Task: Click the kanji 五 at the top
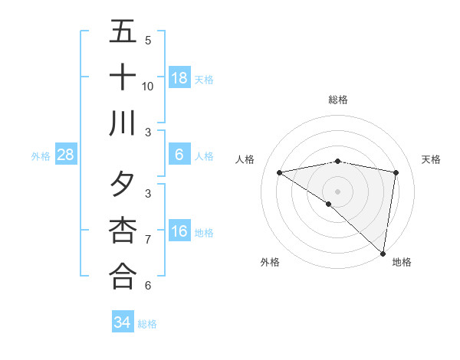point(123,31)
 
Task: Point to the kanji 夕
point(123,184)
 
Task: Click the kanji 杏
point(123,230)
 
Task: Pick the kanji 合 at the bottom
point(123,276)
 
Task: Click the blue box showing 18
point(179,77)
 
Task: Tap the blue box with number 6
point(179,155)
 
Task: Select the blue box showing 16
point(179,231)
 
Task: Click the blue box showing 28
point(66,155)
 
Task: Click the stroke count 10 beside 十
point(148,86)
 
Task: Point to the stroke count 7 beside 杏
point(148,239)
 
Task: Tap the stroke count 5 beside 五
point(148,40)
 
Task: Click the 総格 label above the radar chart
point(338,100)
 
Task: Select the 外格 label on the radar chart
point(270,262)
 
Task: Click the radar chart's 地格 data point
point(383,253)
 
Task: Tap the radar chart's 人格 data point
point(280,172)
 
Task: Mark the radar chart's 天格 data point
point(396,172)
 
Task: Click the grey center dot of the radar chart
point(338,190)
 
